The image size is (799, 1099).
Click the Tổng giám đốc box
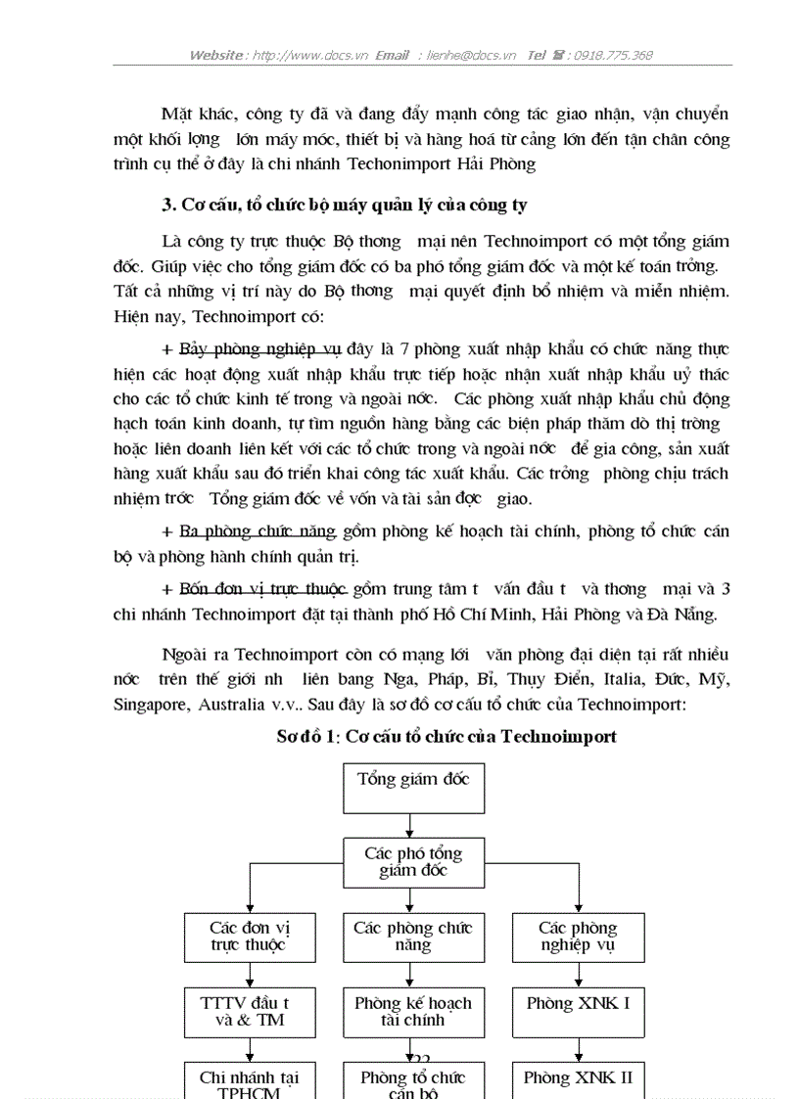(413, 788)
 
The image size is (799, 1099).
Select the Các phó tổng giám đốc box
(413, 862)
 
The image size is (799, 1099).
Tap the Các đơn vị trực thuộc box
(250, 937)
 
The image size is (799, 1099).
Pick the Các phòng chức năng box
(413, 937)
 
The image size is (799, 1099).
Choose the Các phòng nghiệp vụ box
(578, 937)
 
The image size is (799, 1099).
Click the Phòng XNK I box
(578, 1012)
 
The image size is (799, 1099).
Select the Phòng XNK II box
(578, 1079)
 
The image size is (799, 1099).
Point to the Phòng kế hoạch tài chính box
(413, 1012)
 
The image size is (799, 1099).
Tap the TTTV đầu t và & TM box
(250, 1012)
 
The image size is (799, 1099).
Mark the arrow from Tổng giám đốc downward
(413, 825)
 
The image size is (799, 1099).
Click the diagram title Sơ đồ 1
(446, 737)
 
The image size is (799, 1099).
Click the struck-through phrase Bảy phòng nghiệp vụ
(259, 349)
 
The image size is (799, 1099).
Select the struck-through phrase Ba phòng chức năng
(258, 532)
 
